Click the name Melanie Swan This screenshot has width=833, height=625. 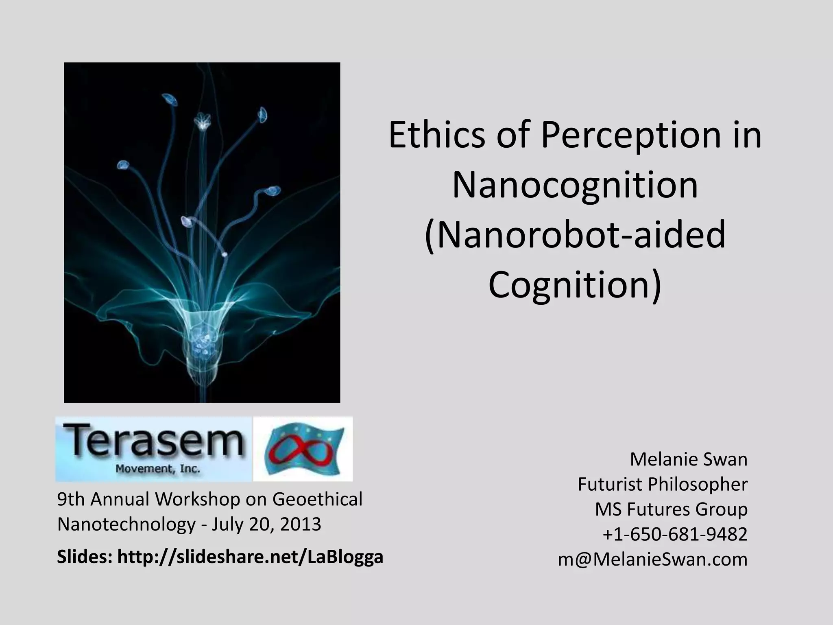tap(688, 459)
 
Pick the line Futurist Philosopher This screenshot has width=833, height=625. tap(662, 484)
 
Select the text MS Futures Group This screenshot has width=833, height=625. tap(671, 509)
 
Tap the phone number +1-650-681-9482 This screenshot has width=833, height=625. tap(675, 534)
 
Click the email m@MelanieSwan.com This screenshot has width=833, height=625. tap(652, 559)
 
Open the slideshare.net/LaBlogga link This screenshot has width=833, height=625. tap(250, 557)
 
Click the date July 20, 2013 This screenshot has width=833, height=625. tap(266, 524)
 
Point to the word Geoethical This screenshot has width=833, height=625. tap(317, 499)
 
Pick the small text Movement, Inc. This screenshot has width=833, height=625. tap(158, 469)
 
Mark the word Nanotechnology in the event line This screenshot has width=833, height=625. tap(126, 524)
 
